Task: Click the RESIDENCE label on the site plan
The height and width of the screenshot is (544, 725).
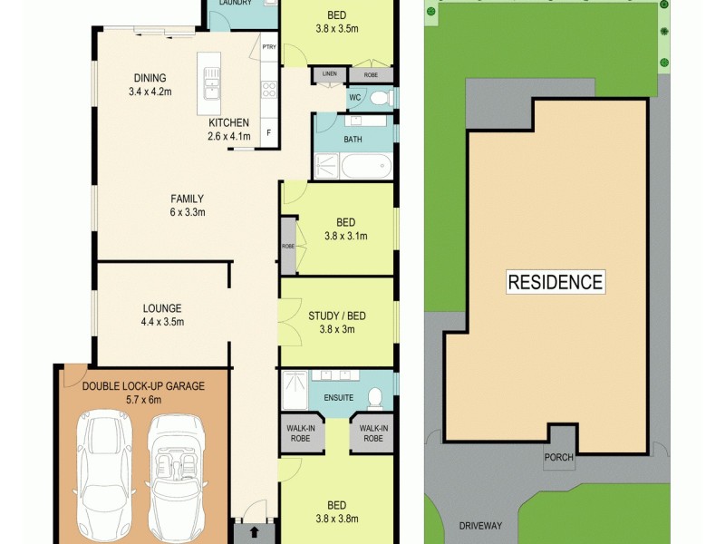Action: (555, 282)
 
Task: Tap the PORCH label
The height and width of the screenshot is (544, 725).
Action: (558, 457)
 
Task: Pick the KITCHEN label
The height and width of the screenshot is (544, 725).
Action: (228, 122)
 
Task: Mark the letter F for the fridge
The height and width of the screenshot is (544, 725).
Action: (268, 132)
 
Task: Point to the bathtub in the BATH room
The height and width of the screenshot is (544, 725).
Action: (367, 166)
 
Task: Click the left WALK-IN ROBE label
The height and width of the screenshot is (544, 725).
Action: (303, 433)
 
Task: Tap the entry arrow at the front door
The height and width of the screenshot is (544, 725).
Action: (254, 532)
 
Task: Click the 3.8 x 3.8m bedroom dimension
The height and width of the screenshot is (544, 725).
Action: (336, 519)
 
